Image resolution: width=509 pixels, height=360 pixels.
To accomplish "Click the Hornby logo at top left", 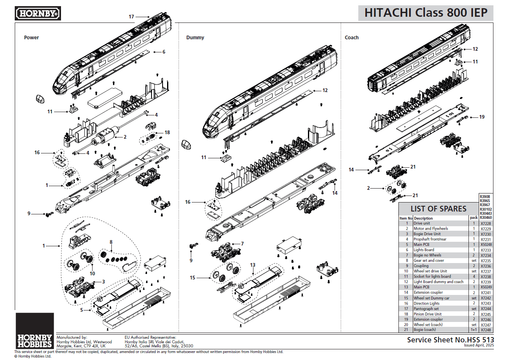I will [x=38, y=13].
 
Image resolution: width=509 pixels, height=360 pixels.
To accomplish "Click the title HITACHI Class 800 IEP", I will [x=426, y=13].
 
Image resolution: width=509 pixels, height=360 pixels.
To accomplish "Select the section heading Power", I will [x=32, y=38].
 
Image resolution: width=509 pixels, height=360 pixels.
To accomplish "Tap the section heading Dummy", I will [x=195, y=38].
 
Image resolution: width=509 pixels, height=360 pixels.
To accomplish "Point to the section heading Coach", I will [x=351, y=38].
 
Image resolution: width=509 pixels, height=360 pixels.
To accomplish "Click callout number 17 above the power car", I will [x=131, y=17].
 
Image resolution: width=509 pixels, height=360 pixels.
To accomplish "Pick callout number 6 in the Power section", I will [x=164, y=52].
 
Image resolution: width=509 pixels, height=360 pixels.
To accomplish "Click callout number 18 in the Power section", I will [x=167, y=133].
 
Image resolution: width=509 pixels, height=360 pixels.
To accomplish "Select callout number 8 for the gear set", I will [x=111, y=242].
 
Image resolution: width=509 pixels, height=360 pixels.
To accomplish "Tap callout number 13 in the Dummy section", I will [x=253, y=265].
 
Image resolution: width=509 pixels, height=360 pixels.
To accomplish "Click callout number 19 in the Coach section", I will [x=482, y=117].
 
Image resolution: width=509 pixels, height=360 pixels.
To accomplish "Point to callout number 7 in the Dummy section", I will [x=242, y=243].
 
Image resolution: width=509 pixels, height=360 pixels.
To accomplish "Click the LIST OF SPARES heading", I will [x=438, y=209].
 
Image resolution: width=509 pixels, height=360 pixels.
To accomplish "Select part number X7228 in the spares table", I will [x=486, y=224].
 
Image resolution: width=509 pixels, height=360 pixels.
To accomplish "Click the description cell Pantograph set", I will [x=426, y=309].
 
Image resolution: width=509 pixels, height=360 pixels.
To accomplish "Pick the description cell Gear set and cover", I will [x=428, y=261].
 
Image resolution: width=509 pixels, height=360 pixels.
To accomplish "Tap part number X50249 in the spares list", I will [x=486, y=287].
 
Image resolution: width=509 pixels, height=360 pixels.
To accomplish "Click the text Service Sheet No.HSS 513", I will [x=450, y=340].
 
